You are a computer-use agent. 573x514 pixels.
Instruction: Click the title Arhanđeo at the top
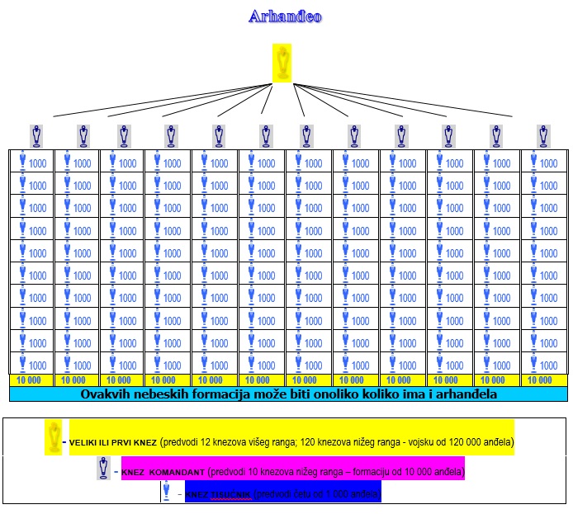pos(285,17)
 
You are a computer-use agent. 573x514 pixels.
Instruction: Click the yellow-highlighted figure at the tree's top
pos(282,64)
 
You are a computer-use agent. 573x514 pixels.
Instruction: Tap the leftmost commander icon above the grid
pos(36,135)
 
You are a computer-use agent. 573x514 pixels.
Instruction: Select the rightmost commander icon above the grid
pos(542,135)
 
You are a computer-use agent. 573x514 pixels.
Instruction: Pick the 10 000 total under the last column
pos(539,380)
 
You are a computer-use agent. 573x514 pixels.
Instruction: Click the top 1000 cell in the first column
pos(31,163)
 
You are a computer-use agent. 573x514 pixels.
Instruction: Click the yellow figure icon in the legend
pos(54,436)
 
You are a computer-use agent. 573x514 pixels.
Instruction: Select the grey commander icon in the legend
pos(103,469)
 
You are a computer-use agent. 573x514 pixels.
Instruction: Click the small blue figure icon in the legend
pos(167,493)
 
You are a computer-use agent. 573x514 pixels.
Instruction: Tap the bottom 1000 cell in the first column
pos(31,365)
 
